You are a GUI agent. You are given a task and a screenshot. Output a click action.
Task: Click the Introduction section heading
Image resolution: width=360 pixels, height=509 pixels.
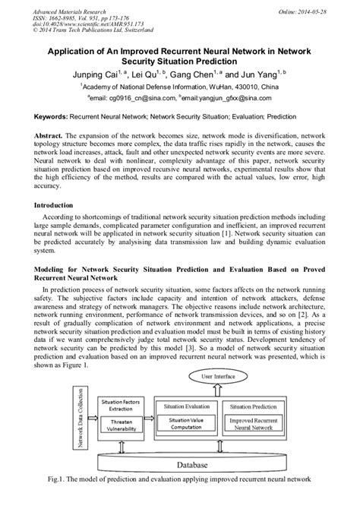(x=58, y=205)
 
